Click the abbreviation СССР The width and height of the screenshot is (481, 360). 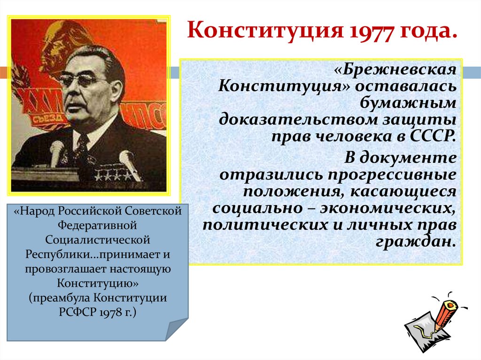pos(433,135)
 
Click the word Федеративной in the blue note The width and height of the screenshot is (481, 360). pos(98,226)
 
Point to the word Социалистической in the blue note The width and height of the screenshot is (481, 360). pos(98,240)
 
